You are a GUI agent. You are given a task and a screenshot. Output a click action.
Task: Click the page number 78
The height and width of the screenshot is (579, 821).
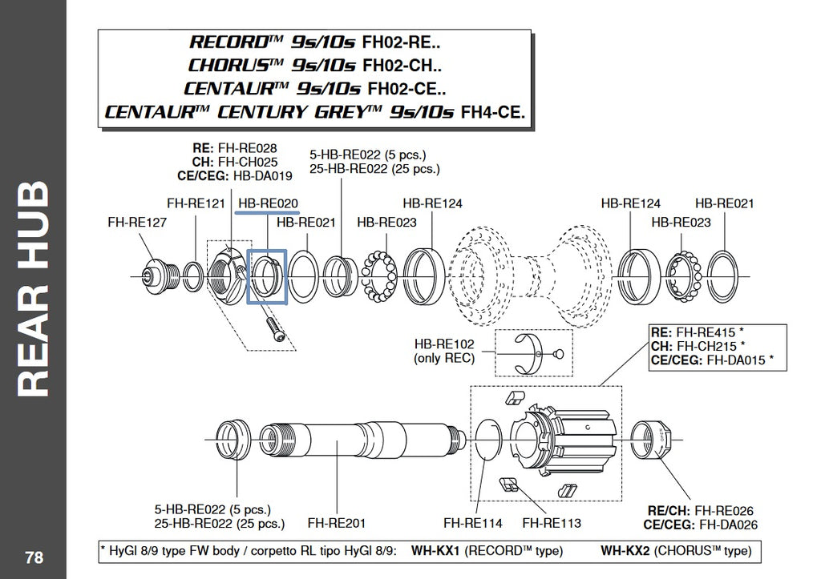pyautogui.click(x=34, y=557)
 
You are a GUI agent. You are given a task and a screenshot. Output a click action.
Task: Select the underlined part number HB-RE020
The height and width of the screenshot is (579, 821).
pyautogui.click(x=269, y=204)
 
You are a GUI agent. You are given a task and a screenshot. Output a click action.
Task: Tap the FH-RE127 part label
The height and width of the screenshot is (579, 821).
pyautogui.click(x=137, y=222)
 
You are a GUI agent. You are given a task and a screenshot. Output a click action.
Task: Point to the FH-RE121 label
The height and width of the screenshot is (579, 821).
pyautogui.click(x=196, y=204)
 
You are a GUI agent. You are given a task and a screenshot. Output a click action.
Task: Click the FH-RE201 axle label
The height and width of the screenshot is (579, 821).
pyautogui.click(x=337, y=523)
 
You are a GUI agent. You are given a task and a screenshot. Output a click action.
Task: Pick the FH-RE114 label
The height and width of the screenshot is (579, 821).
pyautogui.click(x=473, y=523)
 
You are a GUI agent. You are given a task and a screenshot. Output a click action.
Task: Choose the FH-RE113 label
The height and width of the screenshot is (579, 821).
pyautogui.click(x=552, y=523)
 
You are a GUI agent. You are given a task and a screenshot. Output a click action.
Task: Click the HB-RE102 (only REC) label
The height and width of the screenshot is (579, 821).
pyautogui.click(x=444, y=351)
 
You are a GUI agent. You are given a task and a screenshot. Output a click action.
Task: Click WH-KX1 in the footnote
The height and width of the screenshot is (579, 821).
pyautogui.click(x=435, y=551)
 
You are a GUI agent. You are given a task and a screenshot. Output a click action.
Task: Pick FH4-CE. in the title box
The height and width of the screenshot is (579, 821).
pyautogui.click(x=493, y=111)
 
